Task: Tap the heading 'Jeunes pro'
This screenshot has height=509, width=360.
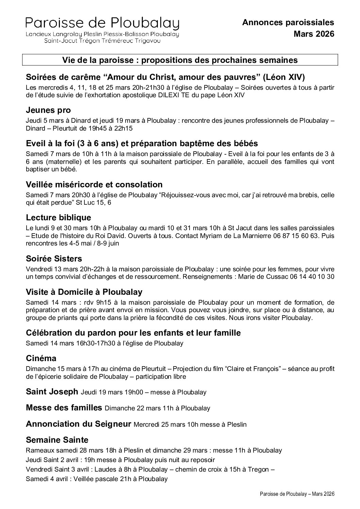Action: click(x=48, y=110)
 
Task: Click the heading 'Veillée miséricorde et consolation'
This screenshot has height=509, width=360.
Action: click(x=94, y=185)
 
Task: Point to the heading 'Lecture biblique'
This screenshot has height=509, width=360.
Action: click(x=59, y=217)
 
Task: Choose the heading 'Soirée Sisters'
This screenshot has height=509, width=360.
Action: click(x=54, y=259)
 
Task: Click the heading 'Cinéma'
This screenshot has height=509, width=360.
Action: click(x=41, y=358)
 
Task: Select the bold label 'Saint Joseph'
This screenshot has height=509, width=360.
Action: click(x=52, y=392)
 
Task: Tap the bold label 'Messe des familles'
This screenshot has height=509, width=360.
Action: click(x=64, y=407)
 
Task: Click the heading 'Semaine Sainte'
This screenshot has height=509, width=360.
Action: click(x=57, y=440)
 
